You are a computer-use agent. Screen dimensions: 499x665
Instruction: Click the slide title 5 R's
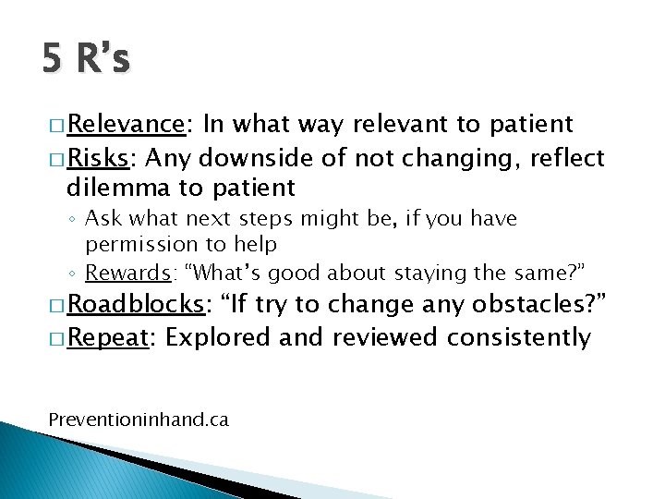click(x=86, y=59)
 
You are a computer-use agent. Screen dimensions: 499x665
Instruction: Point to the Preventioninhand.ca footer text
click(x=138, y=420)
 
